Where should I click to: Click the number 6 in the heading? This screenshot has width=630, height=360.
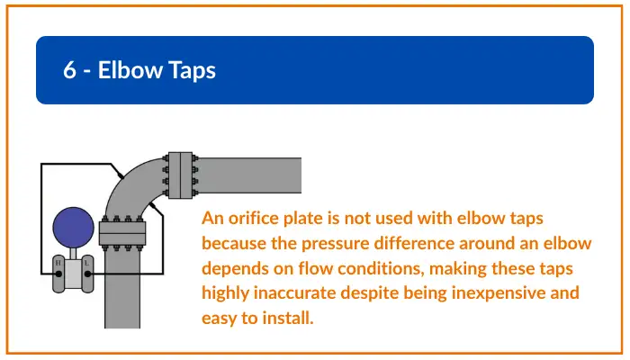[x=69, y=70]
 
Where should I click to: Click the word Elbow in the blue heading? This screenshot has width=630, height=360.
[x=130, y=70]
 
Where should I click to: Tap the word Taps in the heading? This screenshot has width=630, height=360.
[x=192, y=71]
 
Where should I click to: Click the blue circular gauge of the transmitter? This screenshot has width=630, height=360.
[x=73, y=228]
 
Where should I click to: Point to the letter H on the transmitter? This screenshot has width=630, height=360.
[x=58, y=263]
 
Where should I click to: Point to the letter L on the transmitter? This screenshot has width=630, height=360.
[x=86, y=263]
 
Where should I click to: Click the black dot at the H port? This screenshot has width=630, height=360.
[x=58, y=274]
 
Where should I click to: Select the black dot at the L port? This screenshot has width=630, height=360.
[x=87, y=274]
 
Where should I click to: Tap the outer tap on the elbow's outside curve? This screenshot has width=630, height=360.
[x=120, y=175]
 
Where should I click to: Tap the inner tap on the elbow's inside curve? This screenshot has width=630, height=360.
[x=153, y=206]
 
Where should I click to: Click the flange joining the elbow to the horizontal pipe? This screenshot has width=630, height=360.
[x=180, y=175]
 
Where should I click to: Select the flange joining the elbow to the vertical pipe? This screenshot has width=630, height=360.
[x=122, y=233]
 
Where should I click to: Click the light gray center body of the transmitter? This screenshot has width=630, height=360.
[x=73, y=274]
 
